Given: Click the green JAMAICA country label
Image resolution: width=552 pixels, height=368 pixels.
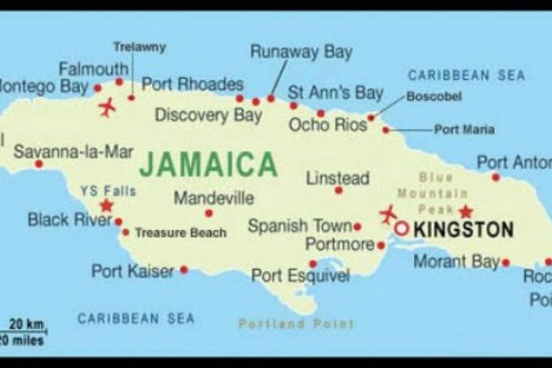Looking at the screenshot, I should tap(208, 164).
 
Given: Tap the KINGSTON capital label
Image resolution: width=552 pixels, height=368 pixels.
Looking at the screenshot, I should tap(463, 230).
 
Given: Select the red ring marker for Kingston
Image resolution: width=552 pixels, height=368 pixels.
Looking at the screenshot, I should tap(401, 228).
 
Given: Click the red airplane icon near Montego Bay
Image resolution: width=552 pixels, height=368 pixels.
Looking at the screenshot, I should tap(108, 107).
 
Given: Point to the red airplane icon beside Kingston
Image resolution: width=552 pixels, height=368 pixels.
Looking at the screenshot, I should tap(388, 214).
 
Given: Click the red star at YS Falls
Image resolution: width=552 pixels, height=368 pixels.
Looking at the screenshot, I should tap(106, 205).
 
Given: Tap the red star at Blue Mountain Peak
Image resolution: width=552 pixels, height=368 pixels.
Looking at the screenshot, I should tap(465, 211).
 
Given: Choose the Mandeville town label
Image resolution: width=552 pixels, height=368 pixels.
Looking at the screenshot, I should tap(213, 198).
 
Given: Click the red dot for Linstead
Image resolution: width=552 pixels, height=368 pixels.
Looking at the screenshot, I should tap(339, 190).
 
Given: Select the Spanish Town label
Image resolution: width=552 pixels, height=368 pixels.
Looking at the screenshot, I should tap(300, 226).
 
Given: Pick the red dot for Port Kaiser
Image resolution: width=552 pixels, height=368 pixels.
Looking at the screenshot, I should tap(184, 269).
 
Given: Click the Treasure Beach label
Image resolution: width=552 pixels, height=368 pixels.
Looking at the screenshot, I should tap(181, 233).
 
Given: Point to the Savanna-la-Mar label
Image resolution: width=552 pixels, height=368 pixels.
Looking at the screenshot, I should tap(73, 151).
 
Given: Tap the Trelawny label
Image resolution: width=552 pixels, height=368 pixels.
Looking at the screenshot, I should tap(139, 47).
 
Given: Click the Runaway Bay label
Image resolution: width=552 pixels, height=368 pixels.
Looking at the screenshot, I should tap(301, 52).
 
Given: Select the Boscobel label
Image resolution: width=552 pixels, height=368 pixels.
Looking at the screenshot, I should tap(433, 96).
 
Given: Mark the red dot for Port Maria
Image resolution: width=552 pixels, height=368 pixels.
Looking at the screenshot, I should tap(386, 130).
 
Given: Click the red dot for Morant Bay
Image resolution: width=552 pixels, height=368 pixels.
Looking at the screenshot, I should tap(506, 262).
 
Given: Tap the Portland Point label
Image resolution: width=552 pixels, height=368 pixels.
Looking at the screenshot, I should tap(296, 324).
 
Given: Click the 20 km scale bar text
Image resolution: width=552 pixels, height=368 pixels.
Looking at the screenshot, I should tap(26, 324).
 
